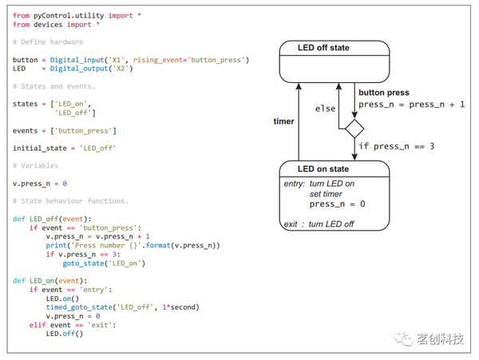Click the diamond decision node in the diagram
pyautogui.click(x=354, y=129)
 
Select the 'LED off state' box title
pyautogui.click(x=323, y=48)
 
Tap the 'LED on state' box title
pyautogui.click(x=323, y=168)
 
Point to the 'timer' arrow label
pyautogui.click(x=283, y=121)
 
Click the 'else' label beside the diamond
pyautogui.click(x=325, y=109)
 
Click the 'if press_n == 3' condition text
pyautogui.click(x=396, y=146)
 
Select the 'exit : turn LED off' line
pyautogui.click(x=319, y=224)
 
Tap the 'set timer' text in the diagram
pyautogui.click(x=327, y=194)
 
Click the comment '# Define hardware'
pyautogui.click(x=48, y=42)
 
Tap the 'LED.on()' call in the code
pyautogui.click(x=64, y=298)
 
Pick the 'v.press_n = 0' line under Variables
pyautogui.click(x=40, y=184)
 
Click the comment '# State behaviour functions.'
pyautogui.click(x=70, y=201)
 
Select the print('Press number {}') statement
pyautogui.click(x=132, y=245)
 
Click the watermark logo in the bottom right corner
pyautogui.click(x=406, y=339)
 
